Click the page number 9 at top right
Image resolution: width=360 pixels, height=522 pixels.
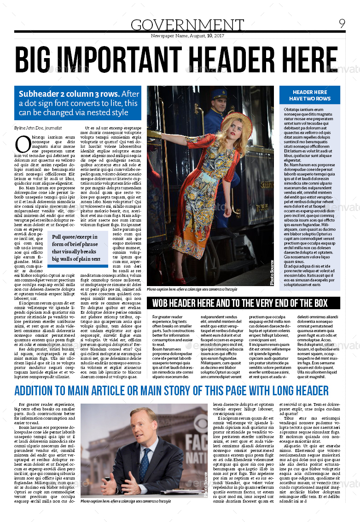coord(342,23)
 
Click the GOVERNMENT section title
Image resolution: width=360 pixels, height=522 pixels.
coord(187,25)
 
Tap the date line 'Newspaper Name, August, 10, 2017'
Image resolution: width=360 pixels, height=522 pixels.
coord(187,35)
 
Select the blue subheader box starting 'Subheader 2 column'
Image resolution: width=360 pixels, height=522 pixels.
coord(78,103)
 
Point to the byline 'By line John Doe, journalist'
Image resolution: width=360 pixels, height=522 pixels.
coord(38,128)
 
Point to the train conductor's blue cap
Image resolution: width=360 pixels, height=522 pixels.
coord(219,94)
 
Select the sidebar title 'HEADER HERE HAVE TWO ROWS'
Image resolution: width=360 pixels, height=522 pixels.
coord(310,95)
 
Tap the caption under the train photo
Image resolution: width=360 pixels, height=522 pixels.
coord(192,289)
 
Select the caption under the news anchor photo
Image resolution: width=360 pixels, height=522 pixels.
coord(126,501)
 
